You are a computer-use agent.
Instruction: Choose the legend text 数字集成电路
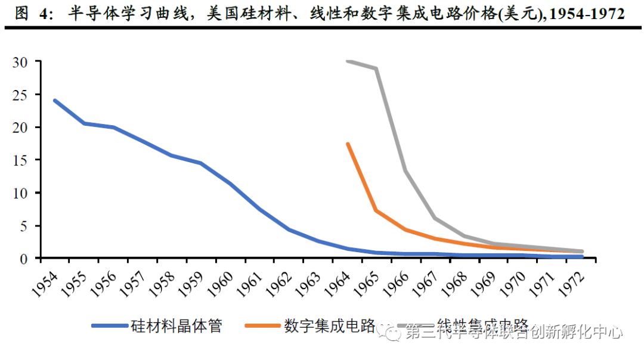[329, 326]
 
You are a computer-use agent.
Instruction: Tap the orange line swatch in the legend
[262, 326]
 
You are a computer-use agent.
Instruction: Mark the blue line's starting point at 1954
[55, 101]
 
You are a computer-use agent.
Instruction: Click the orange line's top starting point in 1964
[348, 144]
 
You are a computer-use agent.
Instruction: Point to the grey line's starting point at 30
[348, 61]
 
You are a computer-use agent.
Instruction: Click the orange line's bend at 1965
[376, 210]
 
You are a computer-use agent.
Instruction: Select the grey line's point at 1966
[405, 171]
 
